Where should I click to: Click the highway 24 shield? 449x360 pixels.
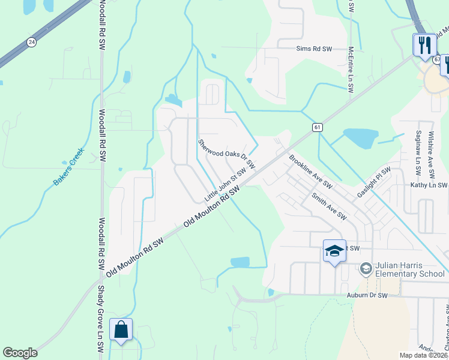click(x=31, y=42)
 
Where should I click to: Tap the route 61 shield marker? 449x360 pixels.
click(x=318, y=127)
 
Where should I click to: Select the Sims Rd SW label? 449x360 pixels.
click(x=314, y=49)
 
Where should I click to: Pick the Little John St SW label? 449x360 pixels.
click(x=222, y=187)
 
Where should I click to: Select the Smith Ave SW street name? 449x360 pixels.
click(x=328, y=206)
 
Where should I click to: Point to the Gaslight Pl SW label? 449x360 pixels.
click(x=373, y=181)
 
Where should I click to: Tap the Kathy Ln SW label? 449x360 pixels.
click(x=429, y=185)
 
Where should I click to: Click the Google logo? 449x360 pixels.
click(x=20, y=353)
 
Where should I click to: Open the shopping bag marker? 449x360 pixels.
click(x=121, y=330)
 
